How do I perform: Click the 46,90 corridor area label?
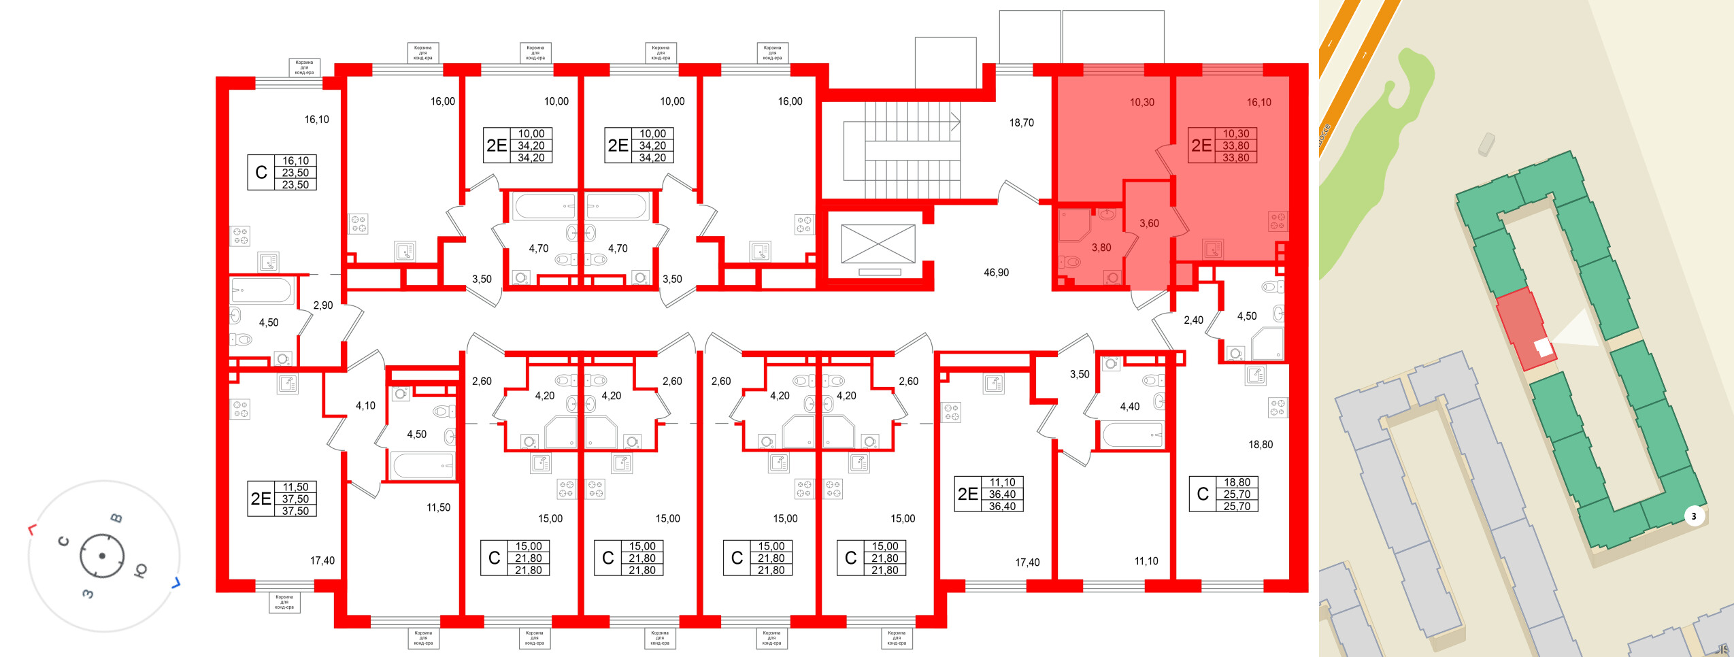coord(996,273)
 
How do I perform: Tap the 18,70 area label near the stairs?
coord(1021,123)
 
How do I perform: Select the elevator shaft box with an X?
coord(878,244)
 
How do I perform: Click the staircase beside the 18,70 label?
coord(901,150)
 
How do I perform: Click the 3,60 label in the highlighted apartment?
coord(1149,223)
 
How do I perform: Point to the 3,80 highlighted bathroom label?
coord(1101,248)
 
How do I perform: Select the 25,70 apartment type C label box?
coord(1223,494)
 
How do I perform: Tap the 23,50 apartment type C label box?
coord(282,173)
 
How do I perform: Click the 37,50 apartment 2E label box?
coord(282,499)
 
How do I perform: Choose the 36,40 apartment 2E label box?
coord(988,494)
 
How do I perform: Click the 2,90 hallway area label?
coord(323,305)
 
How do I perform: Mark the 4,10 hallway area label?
coord(365,406)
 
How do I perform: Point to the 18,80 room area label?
coord(1260,445)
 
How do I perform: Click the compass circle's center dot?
coord(102,556)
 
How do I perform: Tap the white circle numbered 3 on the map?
coord(1694,516)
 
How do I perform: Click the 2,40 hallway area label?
coord(1193,320)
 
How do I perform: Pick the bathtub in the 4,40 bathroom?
coord(1133,435)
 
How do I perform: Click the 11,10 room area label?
coord(1146,562)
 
